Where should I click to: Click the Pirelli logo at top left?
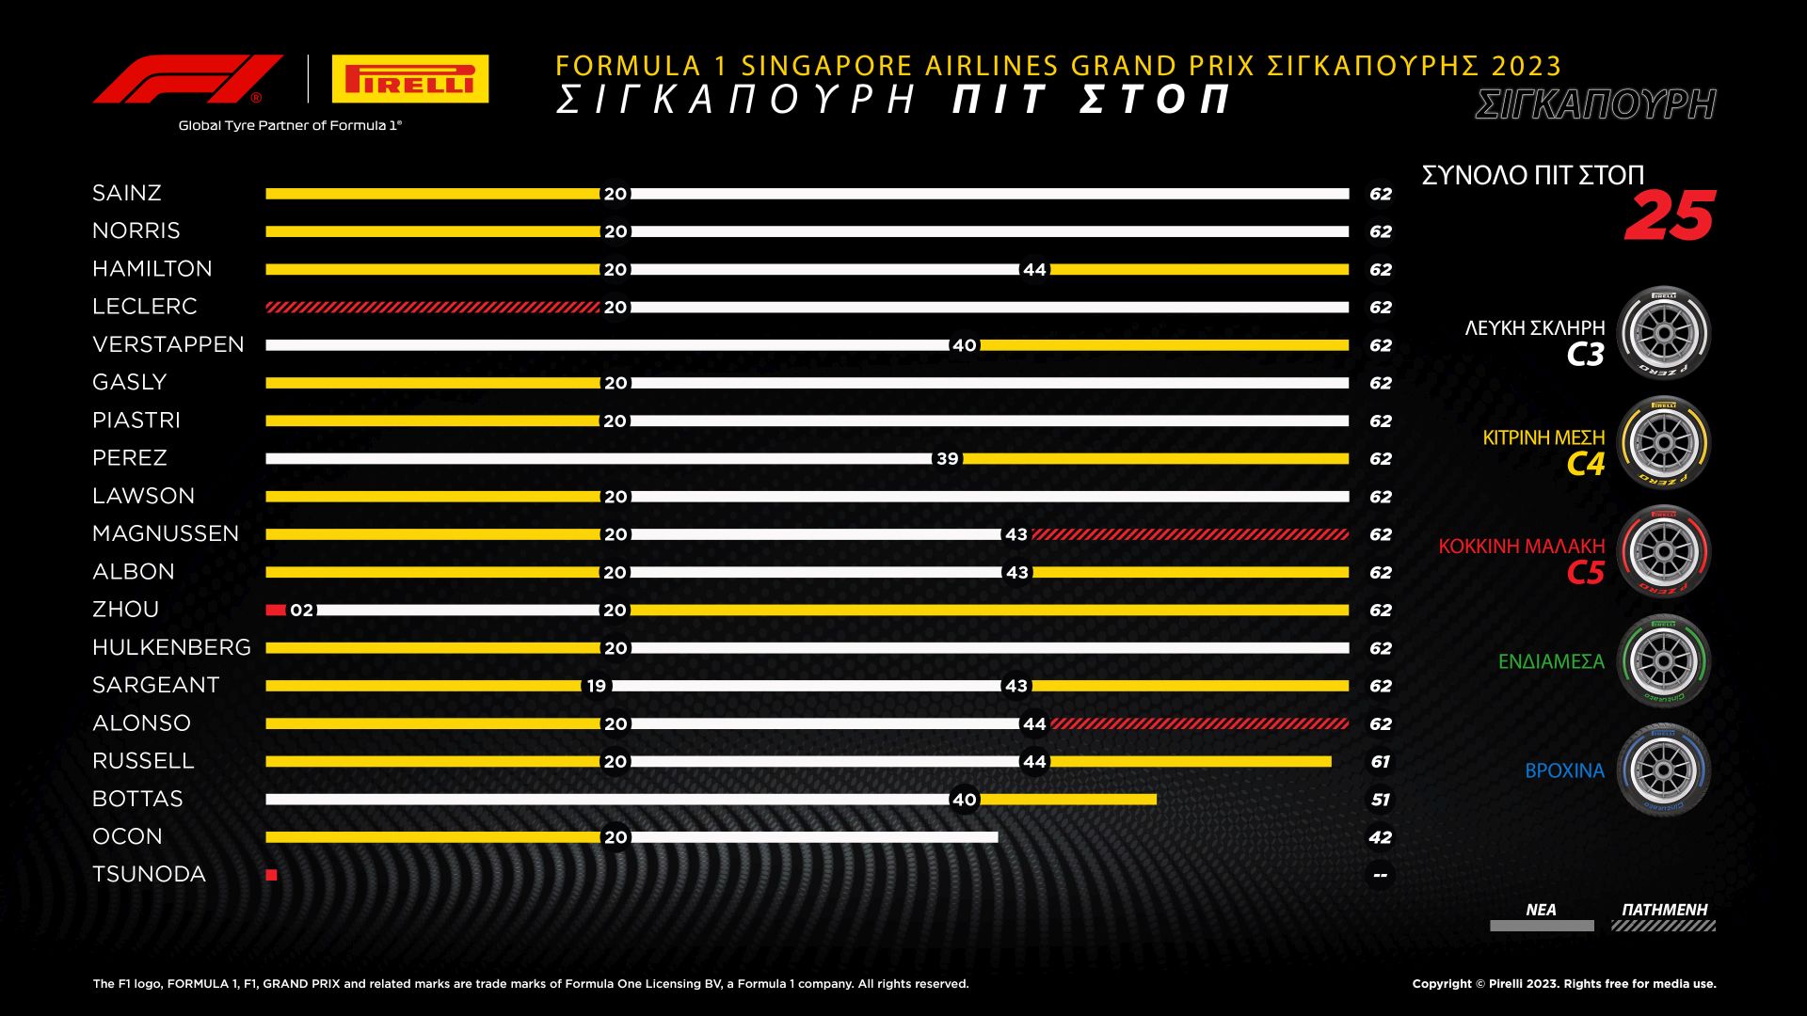pyautogui.click(x=410, y=79)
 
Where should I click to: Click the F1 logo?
pyautogui.click(x=188, y=79)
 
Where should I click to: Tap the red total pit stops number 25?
pyautogui.click(x=1670, y=216)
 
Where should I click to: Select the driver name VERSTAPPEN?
pyautogui.click(x=168, y=344)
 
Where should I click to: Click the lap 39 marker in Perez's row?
pyautogui.click(x=947, y=459)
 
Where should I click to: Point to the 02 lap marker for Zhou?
pyautogui.click(x=301, y=611)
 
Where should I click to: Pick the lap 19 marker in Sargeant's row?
pyautogui.click(x=597, y=686)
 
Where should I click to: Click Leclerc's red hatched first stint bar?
pyautogui.click(x=432, y=308)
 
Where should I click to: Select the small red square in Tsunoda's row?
pyautogui.click(x=272, y=875)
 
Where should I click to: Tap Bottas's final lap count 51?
pyautogui.click(x=1380, y=800)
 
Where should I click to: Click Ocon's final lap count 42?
pyautogui.click(x=1380, y=837)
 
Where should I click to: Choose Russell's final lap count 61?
pyautogui.click(x=1380, y=762)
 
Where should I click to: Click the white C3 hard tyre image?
pyautogui.click(x=1663, y=334)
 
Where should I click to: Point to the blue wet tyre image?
pyautogui.click(x=1663, y=770)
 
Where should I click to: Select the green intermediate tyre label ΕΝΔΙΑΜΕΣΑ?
pyautogui.click(x=1551, y=662)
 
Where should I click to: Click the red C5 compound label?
pyautogui.click(x=1585, y=572)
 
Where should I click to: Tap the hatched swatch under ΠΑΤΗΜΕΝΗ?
pyautogui.click(x=1663, y=927)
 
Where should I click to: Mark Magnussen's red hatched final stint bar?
pyautogui.click(x=1190, y=534)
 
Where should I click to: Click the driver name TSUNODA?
pyautogui.click(x=149, y=875)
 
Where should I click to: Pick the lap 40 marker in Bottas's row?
pyautogui.click(x=964, y=800)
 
